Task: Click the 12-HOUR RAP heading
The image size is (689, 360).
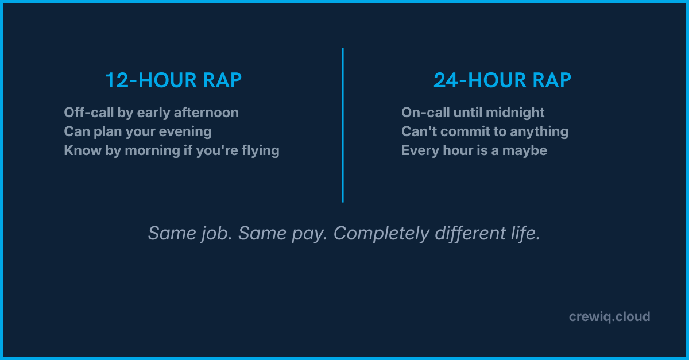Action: [173, 81]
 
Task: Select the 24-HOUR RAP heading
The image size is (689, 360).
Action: [502, 81]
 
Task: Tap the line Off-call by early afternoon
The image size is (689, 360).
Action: [151, 113]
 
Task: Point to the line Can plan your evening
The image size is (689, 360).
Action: [138, 131]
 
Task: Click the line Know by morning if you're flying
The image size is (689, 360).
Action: [172, 150]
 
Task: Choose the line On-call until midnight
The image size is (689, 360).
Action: [473, 113]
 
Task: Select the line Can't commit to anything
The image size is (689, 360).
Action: [485, 131]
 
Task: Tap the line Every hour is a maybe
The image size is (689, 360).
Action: [474, 150]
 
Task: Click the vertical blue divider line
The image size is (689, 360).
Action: [343, 125]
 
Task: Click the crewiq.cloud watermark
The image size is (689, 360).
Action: [609, 316]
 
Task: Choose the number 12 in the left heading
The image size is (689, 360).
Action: [117, 81]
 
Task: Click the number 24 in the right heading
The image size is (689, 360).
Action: [447, 81]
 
